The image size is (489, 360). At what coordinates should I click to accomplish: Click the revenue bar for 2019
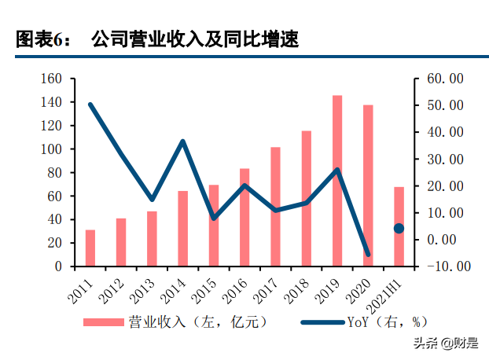tap(337, 181)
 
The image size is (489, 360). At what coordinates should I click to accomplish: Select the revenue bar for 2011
tap(90, 248)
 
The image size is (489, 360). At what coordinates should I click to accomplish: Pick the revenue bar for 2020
tap(368, 186)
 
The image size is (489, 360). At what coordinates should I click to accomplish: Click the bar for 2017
tap(275, 206)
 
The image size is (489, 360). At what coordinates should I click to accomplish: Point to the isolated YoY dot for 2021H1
tap(399, 228)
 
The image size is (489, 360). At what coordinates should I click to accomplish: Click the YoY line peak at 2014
tap(182, 141)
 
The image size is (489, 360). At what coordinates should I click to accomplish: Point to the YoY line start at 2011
tap(90, 105)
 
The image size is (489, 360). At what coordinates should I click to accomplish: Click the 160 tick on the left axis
tap(51, 79)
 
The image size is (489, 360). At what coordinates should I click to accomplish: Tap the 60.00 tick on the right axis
tap(445, 79)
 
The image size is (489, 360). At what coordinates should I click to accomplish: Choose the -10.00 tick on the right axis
tap(445, 266)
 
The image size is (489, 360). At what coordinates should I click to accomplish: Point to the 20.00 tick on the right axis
tap(445, 186)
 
